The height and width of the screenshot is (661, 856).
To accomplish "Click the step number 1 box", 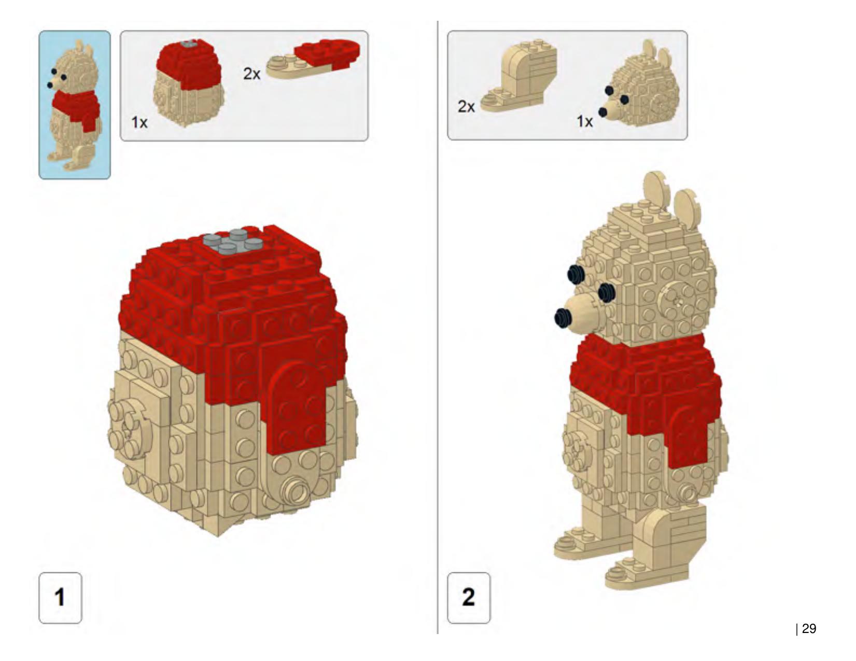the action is [x=60, y=598].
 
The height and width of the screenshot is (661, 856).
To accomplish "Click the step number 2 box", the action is [x=469, y=598].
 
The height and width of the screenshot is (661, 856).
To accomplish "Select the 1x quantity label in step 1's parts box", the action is [x=139, y=122].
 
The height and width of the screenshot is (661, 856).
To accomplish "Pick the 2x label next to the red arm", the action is [x=251, y=74].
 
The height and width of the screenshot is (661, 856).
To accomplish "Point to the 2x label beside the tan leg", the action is [x=466, y=106].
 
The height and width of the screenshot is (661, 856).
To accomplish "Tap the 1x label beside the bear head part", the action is [x=585, y=121].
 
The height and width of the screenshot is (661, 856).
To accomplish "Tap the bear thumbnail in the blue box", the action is [x=75, y=105].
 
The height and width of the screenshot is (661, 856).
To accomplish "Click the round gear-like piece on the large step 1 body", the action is [x=130, y=425].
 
